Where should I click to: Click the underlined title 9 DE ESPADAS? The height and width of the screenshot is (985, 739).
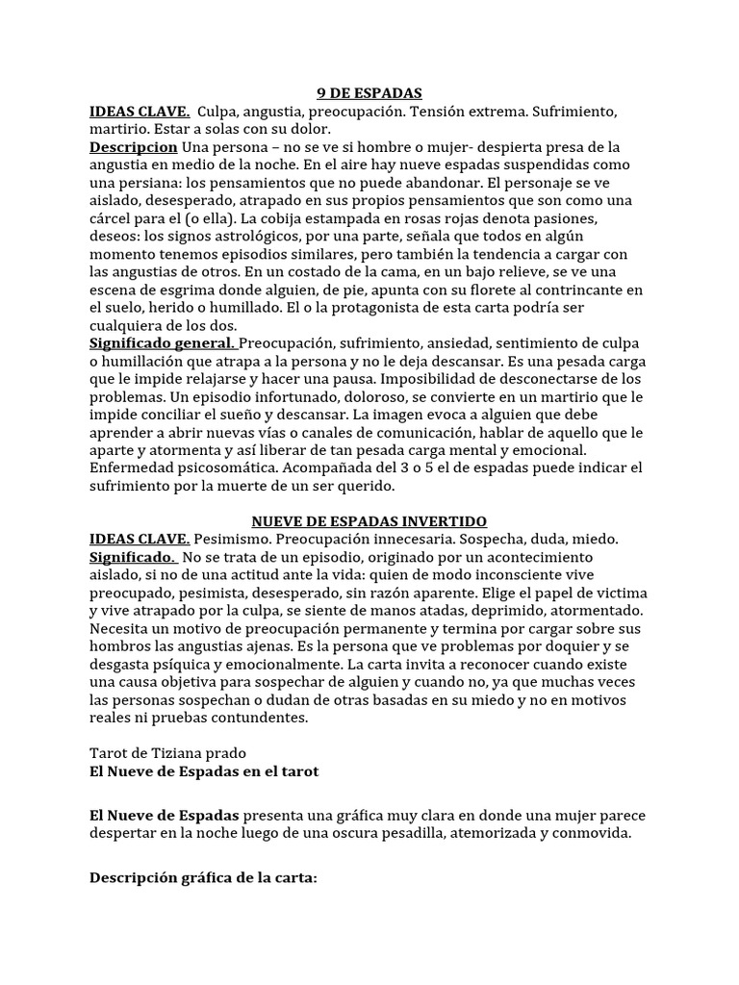(x=369, y=94)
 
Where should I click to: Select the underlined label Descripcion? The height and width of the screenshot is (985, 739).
(x=133, y=147)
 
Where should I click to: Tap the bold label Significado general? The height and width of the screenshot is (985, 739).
(x=162, y=343)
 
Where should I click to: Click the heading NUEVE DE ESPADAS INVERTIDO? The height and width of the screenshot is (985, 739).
(x=369, y=521)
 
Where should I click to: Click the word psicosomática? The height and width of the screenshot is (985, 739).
(x=233, y=468)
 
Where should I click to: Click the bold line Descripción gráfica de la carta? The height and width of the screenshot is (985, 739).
(x=203, y=878)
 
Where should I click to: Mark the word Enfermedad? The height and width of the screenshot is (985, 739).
(x=134, y=468)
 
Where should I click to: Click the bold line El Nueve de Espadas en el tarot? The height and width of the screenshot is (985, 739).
(x=203, y=771)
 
